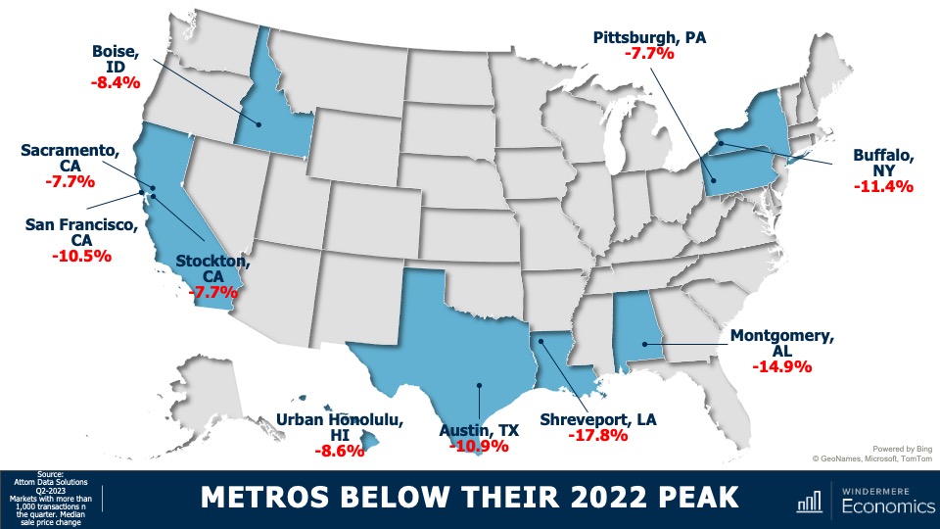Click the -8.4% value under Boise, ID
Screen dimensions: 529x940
117,83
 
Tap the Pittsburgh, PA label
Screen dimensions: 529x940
649,36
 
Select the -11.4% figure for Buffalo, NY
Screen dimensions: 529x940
882,185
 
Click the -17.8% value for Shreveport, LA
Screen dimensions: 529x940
597,435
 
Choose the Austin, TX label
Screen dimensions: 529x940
479,429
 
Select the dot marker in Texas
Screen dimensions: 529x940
478,385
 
